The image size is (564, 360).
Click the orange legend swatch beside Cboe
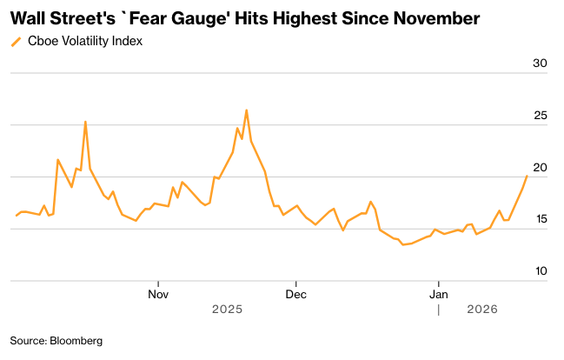16,41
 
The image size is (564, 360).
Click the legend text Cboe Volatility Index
83,41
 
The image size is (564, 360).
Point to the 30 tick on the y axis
540,63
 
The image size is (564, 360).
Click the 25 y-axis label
540,116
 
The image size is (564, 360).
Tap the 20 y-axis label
540,168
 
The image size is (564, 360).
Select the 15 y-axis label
540,220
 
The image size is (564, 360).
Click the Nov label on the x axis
158,294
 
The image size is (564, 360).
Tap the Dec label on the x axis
296,294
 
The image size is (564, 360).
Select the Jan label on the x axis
439,294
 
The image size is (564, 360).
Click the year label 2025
227,310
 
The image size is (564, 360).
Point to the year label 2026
482,310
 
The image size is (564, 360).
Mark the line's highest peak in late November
247,110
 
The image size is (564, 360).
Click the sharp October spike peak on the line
85,122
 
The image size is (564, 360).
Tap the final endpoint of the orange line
527,176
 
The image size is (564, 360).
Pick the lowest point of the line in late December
402,245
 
